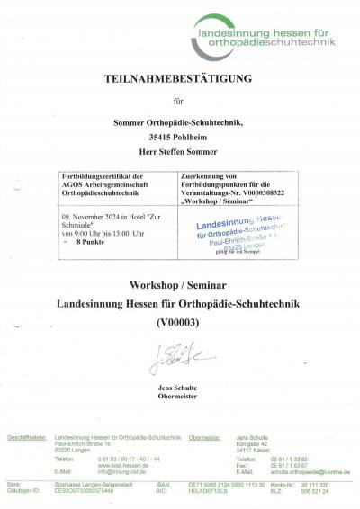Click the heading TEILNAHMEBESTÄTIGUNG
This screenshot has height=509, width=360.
pos(180,78)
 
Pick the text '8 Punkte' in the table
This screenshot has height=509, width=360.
pos(92,242)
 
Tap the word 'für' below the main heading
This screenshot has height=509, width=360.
pos(180,103)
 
